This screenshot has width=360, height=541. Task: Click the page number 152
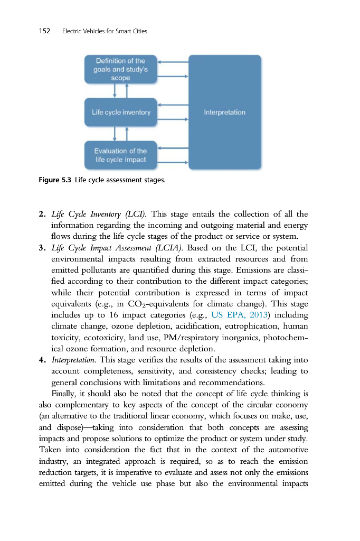pyautogui.click(x=44, y=31)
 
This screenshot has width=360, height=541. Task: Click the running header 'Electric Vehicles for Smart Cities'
pyautogui.click(x=104, y=31)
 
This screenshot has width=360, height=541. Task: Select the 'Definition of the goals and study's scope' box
pyautogui.click(x=120, y=69)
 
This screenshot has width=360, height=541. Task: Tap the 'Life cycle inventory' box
pyautogui.click(x=121, y=112)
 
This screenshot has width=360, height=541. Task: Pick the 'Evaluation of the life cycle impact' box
pyautogui.click(x=120, y=155)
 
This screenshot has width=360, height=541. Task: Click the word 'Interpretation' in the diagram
pyautogui.click(x=224, y=112)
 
